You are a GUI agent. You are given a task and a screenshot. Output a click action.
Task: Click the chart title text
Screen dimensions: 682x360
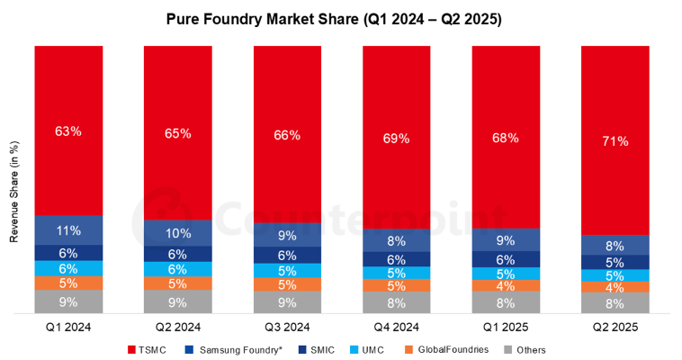tap(334, 20)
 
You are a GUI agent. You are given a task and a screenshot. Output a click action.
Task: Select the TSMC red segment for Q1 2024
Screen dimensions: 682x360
tap(68, 130)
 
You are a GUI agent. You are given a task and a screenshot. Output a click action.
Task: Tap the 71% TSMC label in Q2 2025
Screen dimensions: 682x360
tap(615, 141)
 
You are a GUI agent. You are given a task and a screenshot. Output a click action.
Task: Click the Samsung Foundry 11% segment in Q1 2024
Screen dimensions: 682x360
tap(68, 230)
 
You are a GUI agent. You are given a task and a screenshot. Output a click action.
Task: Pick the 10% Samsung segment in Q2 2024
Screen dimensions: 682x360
tap(178, 233)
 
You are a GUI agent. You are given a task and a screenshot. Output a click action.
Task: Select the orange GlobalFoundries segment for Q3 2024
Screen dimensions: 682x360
tap(288, 284)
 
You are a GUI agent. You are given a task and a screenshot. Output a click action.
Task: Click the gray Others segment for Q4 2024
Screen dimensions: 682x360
tap(397, 302)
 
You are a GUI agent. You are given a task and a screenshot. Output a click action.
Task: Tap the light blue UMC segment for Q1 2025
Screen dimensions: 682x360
tap(506, 274)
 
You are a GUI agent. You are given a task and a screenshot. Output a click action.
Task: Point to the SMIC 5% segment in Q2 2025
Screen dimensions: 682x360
tap(615, 262)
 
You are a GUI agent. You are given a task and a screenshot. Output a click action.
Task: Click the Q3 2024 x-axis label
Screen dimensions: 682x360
tap(288, 328)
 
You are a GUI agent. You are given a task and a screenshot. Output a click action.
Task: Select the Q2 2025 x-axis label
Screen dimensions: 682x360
tap(615, 328)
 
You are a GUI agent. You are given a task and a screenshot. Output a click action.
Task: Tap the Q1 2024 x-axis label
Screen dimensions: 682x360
tap(68, 328)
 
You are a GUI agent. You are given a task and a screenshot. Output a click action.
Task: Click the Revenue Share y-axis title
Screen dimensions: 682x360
tap(14, 192)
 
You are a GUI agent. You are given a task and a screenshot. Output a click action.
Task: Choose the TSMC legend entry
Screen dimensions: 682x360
tap(148, 350)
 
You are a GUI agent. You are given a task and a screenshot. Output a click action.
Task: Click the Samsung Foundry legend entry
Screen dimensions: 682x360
tap(234, 350)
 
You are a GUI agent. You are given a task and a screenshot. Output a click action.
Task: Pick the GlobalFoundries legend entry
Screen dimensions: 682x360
tap(446, 349)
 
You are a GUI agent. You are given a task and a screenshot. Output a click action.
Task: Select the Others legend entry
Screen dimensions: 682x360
tap(525, 350)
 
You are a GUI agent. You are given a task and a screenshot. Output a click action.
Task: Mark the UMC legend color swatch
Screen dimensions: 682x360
tap(354, 349)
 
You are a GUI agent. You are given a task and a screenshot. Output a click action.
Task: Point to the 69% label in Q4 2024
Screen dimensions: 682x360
tap(396, 139)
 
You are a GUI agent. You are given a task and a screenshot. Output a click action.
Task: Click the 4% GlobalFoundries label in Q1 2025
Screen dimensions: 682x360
tap(506, 286)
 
